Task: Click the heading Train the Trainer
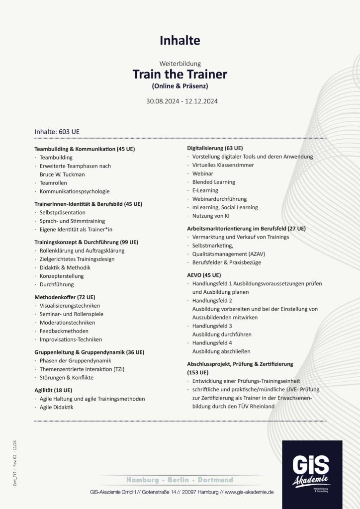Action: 180,75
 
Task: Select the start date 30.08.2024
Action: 162,101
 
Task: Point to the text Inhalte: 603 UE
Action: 57,132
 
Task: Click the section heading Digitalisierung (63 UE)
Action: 215,148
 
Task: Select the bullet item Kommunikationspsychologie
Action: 75,191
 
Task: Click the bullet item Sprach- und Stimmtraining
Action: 72,221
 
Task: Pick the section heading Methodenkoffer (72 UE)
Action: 65,297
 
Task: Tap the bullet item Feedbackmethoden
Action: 64,331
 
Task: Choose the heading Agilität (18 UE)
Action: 53,390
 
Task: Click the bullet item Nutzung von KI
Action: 211,216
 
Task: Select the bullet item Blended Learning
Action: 214,182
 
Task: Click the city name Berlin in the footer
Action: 178,480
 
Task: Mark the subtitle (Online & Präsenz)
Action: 180,86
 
